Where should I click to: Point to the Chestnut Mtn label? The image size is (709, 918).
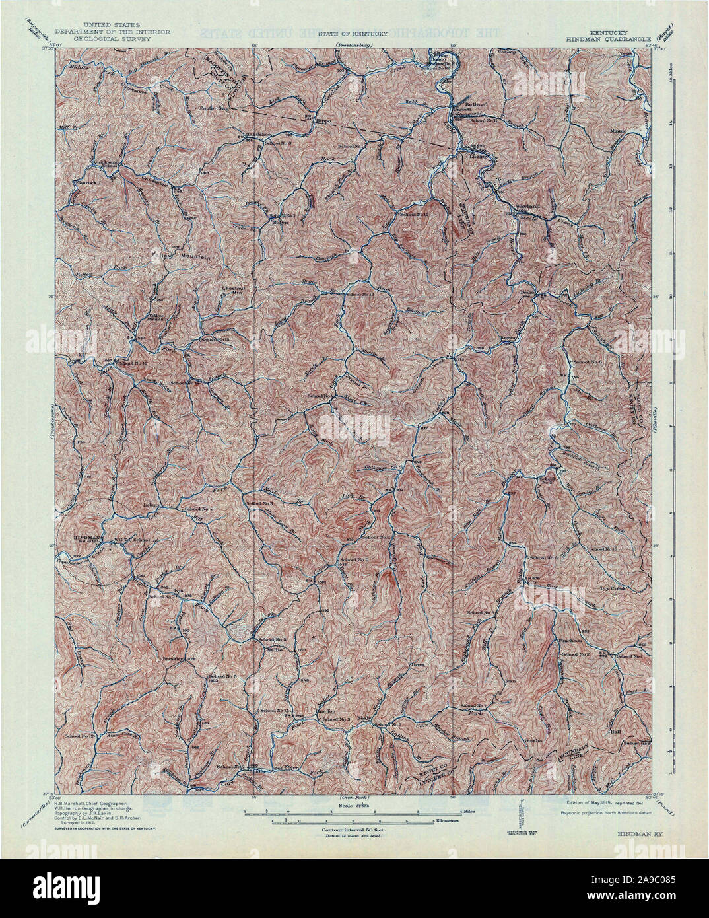[x=233, y=289]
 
